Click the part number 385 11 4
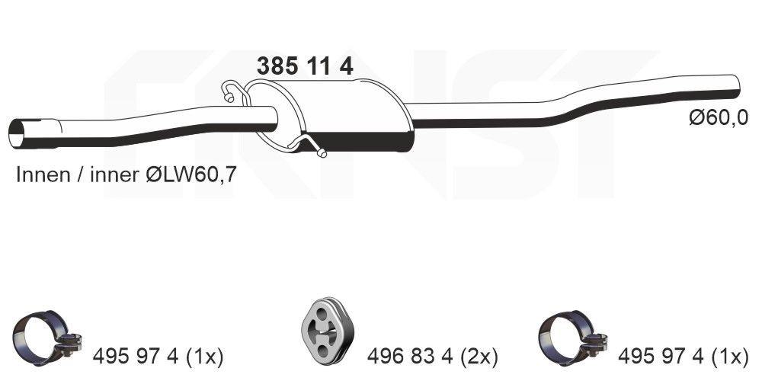(305, 67)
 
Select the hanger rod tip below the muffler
(322, 154)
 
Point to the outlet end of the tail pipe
(734, 85)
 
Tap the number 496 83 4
(410, 355)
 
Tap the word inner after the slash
(114, 174)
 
